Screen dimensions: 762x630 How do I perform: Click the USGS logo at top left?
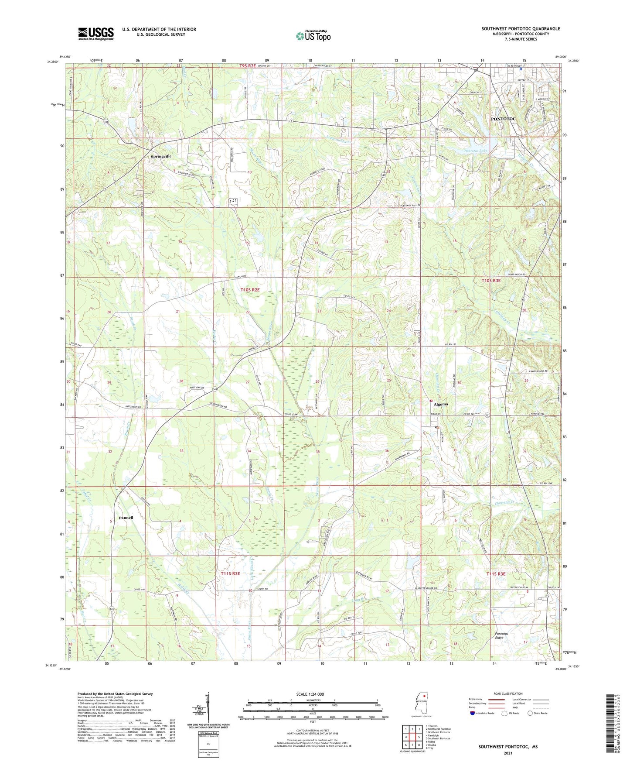pyautogui.click(x=96, y=34)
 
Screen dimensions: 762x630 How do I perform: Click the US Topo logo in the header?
pyautogui.click(x=313, y=36)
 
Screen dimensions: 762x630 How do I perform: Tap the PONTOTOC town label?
pyautogui.click(x=503, y=119)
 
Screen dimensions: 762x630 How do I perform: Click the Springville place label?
pyautogui.click(x=161, y=156)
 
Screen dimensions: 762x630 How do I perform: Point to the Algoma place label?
pyautogui.click(x=441, y=404)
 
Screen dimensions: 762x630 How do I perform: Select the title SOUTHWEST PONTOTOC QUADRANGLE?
pyautogui.click(x=521, y=29)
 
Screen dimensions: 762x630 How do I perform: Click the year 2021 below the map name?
pyautogui.click(x=508, y=753)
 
